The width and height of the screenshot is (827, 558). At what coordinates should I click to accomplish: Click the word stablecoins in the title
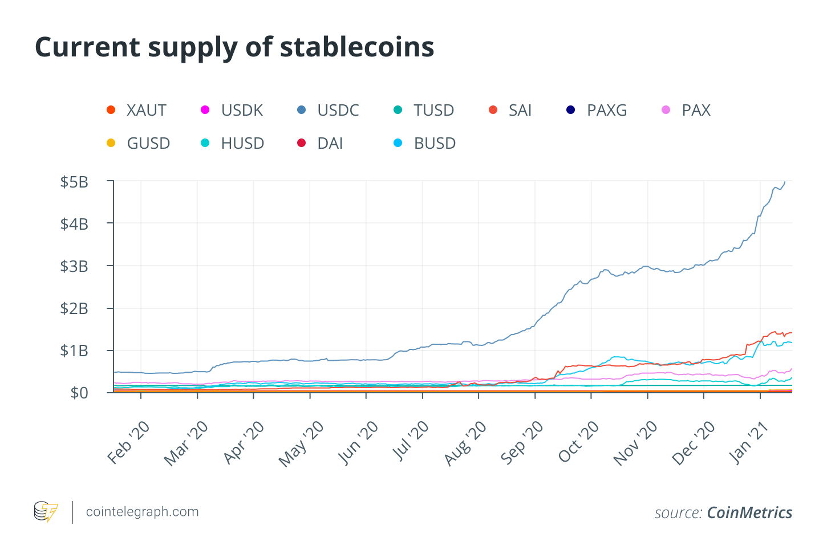[x=357, y=47]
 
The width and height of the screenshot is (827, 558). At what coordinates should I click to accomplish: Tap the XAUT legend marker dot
[x=111, y=110]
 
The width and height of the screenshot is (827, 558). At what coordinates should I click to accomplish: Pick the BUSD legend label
[x=435, y=143]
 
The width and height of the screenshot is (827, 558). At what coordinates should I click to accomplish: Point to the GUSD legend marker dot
[x=111, y=143]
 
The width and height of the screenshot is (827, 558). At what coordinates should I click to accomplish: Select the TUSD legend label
[x=433, y=110]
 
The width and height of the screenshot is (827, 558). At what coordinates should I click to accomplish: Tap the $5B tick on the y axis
[x=74, y=182]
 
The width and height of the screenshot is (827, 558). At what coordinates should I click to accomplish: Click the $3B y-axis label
[x=74, y=266]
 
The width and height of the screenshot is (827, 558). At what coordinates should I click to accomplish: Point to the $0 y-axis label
[x=79, y=393]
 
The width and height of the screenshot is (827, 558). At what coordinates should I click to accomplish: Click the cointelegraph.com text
[x=142, y=512]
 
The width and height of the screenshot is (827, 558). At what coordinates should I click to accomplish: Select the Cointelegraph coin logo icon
[x=46, y=512]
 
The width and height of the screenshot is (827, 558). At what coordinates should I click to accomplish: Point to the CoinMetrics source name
[x=749, y=513]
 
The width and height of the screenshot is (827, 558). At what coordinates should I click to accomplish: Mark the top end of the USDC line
[x=785, y=182]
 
